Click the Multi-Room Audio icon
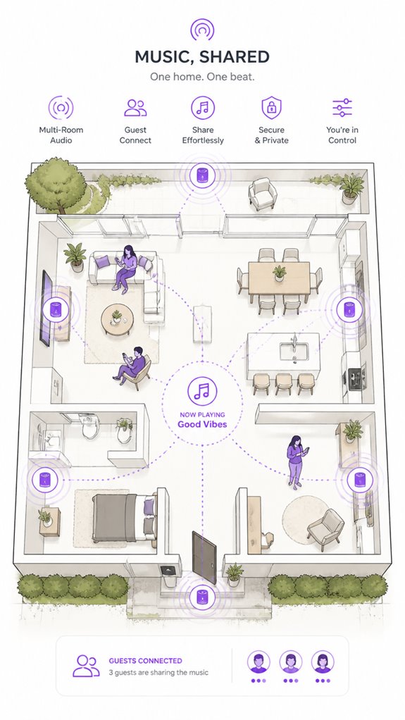(61, 108)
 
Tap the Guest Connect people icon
(135, 108)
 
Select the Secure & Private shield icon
(271, 108)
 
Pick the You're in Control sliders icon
(342, 108)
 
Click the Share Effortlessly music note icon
(203, 108)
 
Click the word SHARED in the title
(235, 57)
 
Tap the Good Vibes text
(202, 424)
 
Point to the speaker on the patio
(202, 175)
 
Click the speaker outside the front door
(203, 597)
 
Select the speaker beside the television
(56, 309)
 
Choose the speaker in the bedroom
(44, 480)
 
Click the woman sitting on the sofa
(125, 268)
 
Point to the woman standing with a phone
(297, 462)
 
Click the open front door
(204, 558)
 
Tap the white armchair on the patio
(263, 194)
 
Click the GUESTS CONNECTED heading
(145, 661)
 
